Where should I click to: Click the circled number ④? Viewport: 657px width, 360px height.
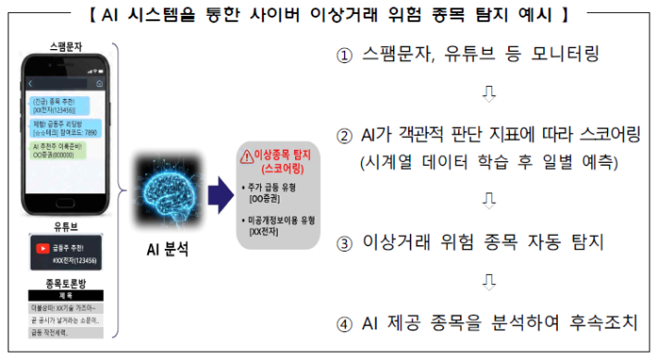pyautogui.click(x=343, y=323)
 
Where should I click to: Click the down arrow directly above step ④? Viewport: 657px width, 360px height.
pyautogui.click(x=490, y=282)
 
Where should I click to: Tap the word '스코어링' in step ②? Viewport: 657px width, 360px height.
pyautogui.click(x=602, y=136)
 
